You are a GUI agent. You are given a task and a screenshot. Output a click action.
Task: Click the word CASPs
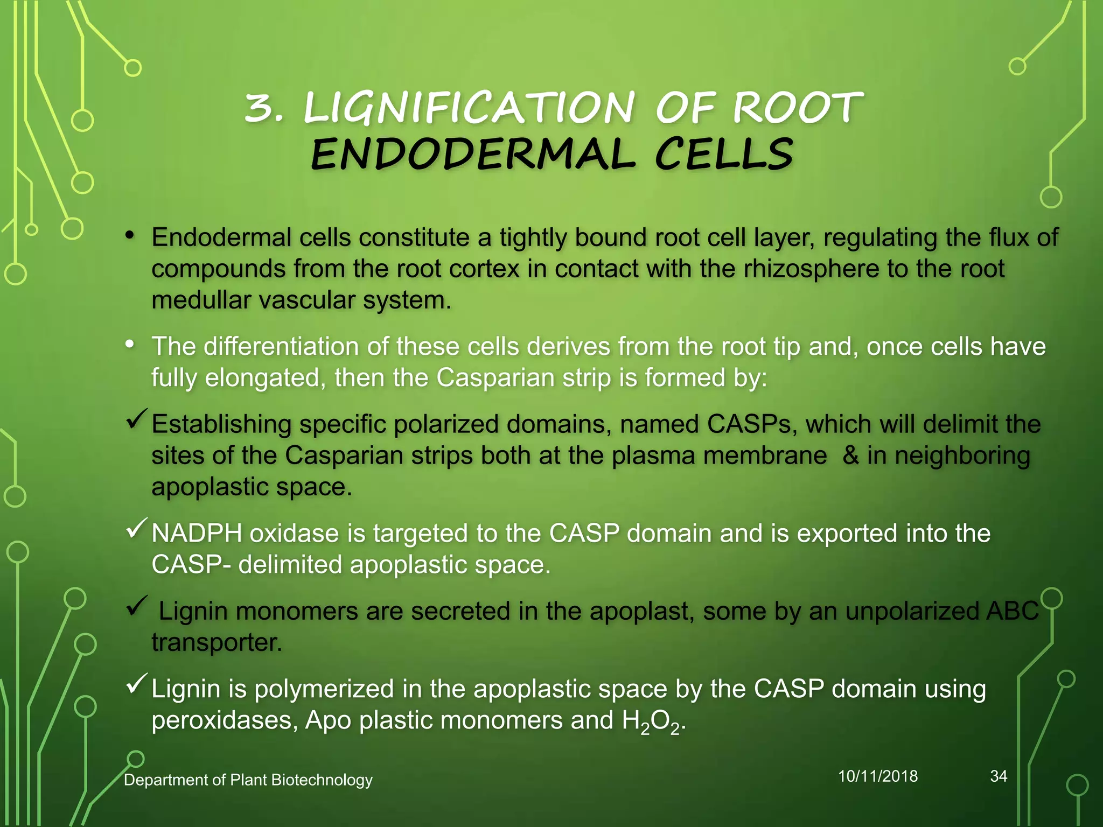pos(752,424)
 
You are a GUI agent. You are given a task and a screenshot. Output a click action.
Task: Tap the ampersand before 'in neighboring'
pos(851,455)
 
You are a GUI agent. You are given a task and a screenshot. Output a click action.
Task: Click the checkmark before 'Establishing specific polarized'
pos(137,418)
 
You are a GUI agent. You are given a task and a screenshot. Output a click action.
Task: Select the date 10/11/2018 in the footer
pos(878,776)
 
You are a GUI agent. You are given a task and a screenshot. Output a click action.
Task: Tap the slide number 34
pos(999,776)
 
